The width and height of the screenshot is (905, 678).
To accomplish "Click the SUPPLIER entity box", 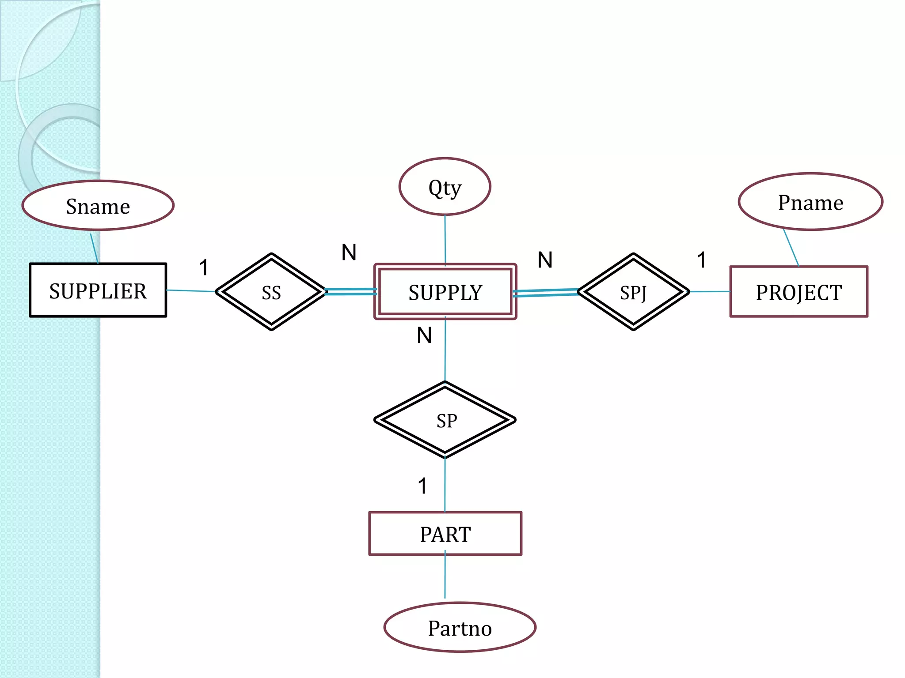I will coord(98,290).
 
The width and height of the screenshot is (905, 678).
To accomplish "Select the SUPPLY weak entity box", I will coord(445,292).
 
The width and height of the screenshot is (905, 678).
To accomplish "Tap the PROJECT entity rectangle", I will coord(799,292).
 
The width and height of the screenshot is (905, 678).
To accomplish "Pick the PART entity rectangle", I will coord(445,534).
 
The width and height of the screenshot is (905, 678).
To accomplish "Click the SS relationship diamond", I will coord(271,292).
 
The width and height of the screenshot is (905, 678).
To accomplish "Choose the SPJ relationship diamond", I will coord(633,292).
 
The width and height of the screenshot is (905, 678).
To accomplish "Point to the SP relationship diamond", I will coord(445,420).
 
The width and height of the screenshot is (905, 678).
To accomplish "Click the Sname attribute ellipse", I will coord(98,206).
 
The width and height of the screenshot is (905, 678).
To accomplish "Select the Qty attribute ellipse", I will coord(445,187).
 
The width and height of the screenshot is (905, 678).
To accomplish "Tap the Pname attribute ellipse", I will coord(810,202).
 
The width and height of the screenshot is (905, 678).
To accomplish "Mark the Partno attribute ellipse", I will coord(460,627).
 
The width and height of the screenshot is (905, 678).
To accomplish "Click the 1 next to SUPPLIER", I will coord(203,267).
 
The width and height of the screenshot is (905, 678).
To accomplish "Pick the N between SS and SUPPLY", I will coord(349,252).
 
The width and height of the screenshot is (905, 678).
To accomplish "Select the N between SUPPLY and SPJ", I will coord(545,260).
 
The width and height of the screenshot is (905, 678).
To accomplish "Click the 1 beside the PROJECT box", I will coord(701,260).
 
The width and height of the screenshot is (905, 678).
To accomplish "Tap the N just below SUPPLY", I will coord(424,335).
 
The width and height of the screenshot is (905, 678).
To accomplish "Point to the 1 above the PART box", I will coord(422,486).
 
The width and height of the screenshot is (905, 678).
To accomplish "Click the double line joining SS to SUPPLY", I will coord(350,291).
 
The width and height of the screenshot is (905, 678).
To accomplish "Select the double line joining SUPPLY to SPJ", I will coord(545,293).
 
